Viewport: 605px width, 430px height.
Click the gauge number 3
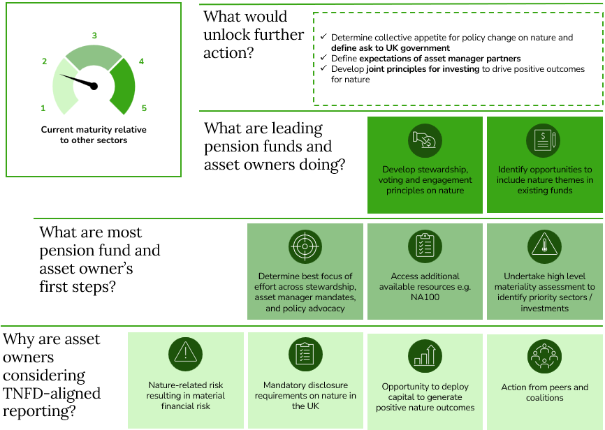[x=94, y=36]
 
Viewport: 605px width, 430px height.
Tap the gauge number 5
[x=144, y=108]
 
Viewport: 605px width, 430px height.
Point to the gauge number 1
[x=43, y=108]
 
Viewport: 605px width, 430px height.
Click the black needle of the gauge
[x=79, y=80]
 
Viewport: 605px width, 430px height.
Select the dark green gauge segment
[x=124, y=86]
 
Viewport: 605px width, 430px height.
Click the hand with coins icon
[x=425, y=140]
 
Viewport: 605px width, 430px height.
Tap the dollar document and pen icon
[x=544, y=140]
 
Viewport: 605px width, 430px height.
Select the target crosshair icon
[x=305, y=247]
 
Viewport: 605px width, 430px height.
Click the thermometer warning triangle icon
[x=544, y=247]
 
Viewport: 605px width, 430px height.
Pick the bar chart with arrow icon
[x=425, y=356]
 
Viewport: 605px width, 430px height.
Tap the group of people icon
[x=544, y=356]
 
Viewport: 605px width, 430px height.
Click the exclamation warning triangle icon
[x=186, y=354]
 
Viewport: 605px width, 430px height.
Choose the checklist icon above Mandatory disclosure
[x=305, y=354]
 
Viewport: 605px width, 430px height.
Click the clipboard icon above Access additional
[x=425, y=247]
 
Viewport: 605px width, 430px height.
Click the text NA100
[x=425, y=297]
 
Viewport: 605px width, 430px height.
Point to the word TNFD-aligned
[x=52, y=394]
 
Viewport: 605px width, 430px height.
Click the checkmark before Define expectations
[x=323, y=57]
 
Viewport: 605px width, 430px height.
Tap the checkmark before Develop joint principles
[x=323, y=68]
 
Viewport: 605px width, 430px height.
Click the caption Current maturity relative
[x=94, y=130]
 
